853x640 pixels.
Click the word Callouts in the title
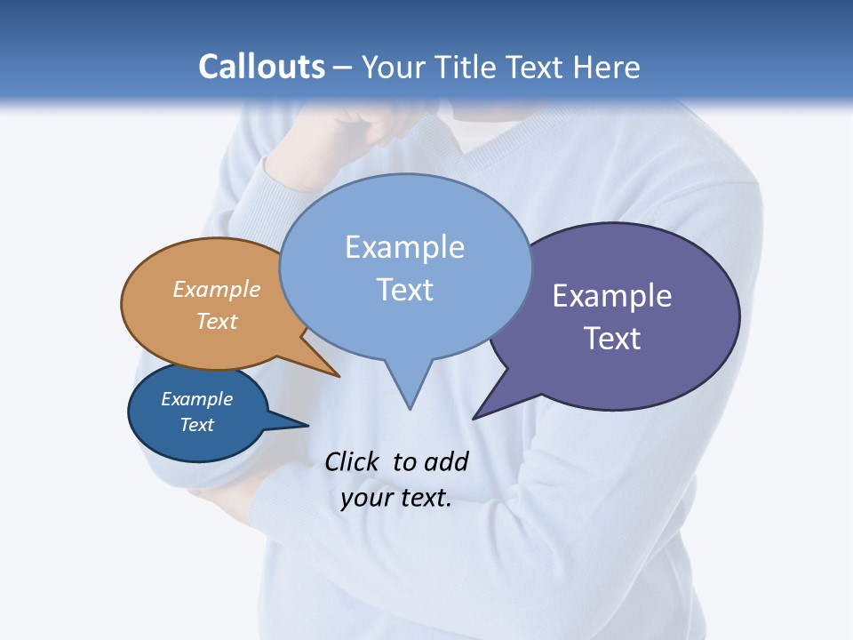point(261,67)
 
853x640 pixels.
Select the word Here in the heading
point(608,67)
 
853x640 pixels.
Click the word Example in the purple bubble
point(612,295)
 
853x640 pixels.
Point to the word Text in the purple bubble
point(612,339)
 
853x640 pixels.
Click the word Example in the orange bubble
point(217,289)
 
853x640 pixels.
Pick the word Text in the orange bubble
point(217,321)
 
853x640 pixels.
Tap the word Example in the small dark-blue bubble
point(197,399)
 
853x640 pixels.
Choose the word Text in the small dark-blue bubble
point(197,425)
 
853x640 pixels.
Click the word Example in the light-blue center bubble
point(404,247)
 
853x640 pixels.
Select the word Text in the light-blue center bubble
point(404,290)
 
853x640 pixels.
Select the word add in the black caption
point(446,461)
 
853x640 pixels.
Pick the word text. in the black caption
point(423,498)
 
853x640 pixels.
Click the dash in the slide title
point(343,68)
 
